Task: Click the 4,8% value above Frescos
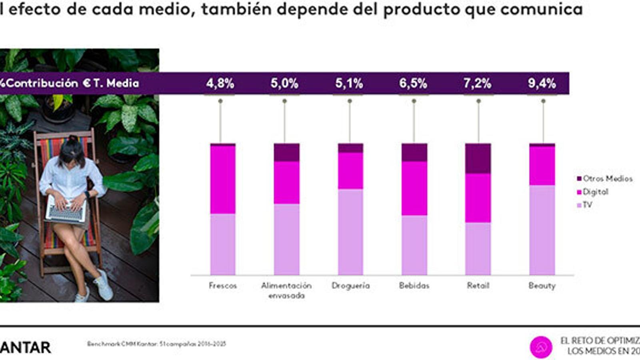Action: (220, 83)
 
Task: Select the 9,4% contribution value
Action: (542, 83)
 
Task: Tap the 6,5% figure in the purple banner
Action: (413, 83)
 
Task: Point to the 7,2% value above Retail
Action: (478, 83)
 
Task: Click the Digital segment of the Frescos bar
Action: (223, 179)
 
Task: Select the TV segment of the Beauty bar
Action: (542, 230)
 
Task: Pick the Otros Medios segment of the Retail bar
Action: (478, 158)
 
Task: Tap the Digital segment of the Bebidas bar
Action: (414, 188)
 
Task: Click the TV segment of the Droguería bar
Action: (350, 232)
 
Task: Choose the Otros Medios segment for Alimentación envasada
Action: (286, 152)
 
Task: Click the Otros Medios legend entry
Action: (604, 179)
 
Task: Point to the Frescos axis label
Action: (223, 286)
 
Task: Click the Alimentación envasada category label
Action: (286, 290)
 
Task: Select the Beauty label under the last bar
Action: (542, 286)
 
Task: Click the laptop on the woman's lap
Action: (66, 210)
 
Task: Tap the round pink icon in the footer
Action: (541, 347)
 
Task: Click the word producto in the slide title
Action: (422, 9)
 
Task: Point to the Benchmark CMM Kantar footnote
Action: (156, 344)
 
